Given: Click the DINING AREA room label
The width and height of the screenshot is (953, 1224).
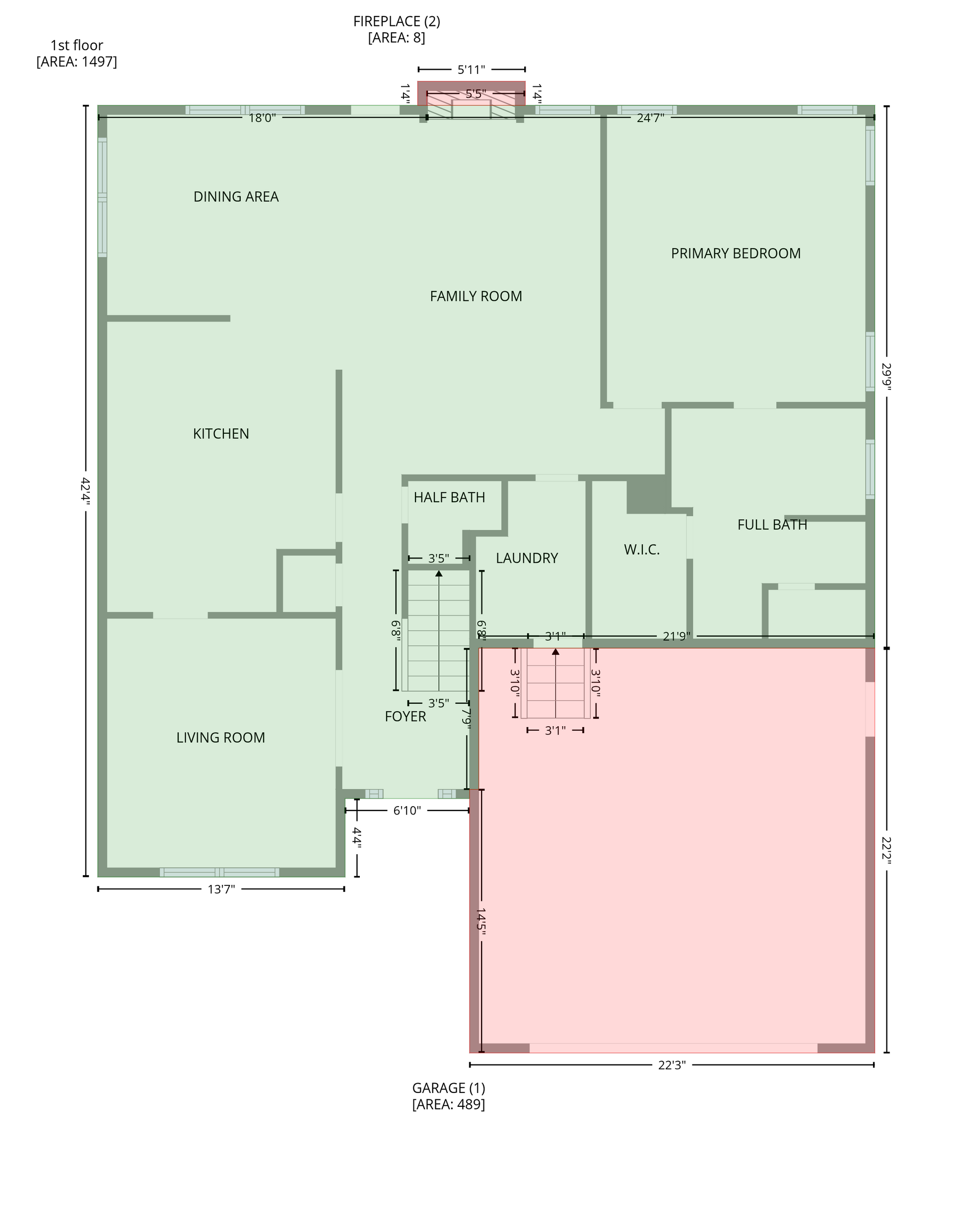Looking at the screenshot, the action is [x=236, y=197].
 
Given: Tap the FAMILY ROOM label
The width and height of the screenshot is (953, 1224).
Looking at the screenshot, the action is [x=476, y=296].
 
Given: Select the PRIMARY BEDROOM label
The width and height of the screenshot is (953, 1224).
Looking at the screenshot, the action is [x=736, y=253].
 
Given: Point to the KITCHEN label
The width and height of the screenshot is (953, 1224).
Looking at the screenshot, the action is [x=221, y=434].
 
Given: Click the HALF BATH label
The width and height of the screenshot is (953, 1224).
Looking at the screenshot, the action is [x=449, y=498].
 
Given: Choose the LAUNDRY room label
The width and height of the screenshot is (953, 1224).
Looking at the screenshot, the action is [x=527, y=558].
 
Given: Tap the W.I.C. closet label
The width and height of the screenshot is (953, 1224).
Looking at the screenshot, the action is [x=642, y=550].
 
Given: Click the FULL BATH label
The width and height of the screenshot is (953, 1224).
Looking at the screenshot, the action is [x=772, y=525].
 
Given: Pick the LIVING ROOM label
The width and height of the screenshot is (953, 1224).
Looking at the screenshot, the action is [x=221, y=738].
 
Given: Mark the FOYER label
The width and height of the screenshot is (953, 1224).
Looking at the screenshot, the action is [x=406, y=717].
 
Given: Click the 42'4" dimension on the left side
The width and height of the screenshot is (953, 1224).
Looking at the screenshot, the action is [x=85, y=491].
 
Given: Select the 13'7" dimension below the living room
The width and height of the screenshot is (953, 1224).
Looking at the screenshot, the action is [x=221, y=889].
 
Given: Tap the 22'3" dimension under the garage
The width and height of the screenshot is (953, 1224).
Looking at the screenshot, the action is [x=672, y=1065].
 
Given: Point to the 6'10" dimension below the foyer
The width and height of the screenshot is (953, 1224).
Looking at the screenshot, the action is [x=407, y=811].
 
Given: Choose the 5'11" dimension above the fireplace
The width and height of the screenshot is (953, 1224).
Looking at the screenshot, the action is [x=472, y=70].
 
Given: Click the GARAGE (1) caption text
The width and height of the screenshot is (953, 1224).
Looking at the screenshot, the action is [x=449, y=1088].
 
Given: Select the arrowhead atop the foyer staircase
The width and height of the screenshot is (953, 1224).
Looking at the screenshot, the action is [x=439, y=573].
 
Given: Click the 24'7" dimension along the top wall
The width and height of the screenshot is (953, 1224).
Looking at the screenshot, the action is [x=650, y=118].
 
